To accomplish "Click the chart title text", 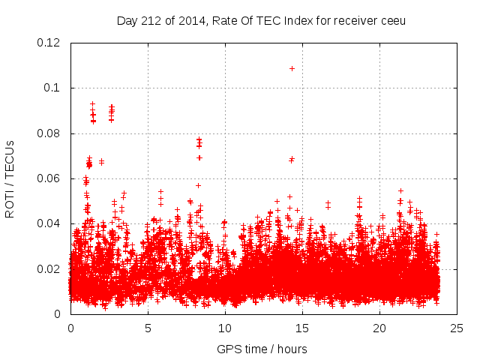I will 261,20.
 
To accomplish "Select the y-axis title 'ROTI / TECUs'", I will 10,178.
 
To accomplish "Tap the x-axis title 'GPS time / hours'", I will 262,349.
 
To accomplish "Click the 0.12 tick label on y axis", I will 49,43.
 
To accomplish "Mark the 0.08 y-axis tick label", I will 49,133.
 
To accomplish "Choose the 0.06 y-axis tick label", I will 49,178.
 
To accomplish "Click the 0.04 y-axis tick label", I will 49,223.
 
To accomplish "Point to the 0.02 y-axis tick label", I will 49,269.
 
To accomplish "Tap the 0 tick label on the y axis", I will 60,314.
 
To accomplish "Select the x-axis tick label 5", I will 148,328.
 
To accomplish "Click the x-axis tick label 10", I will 225,328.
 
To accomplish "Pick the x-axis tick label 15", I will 302,328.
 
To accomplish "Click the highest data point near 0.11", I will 292,68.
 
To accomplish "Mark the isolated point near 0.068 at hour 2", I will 101,161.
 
